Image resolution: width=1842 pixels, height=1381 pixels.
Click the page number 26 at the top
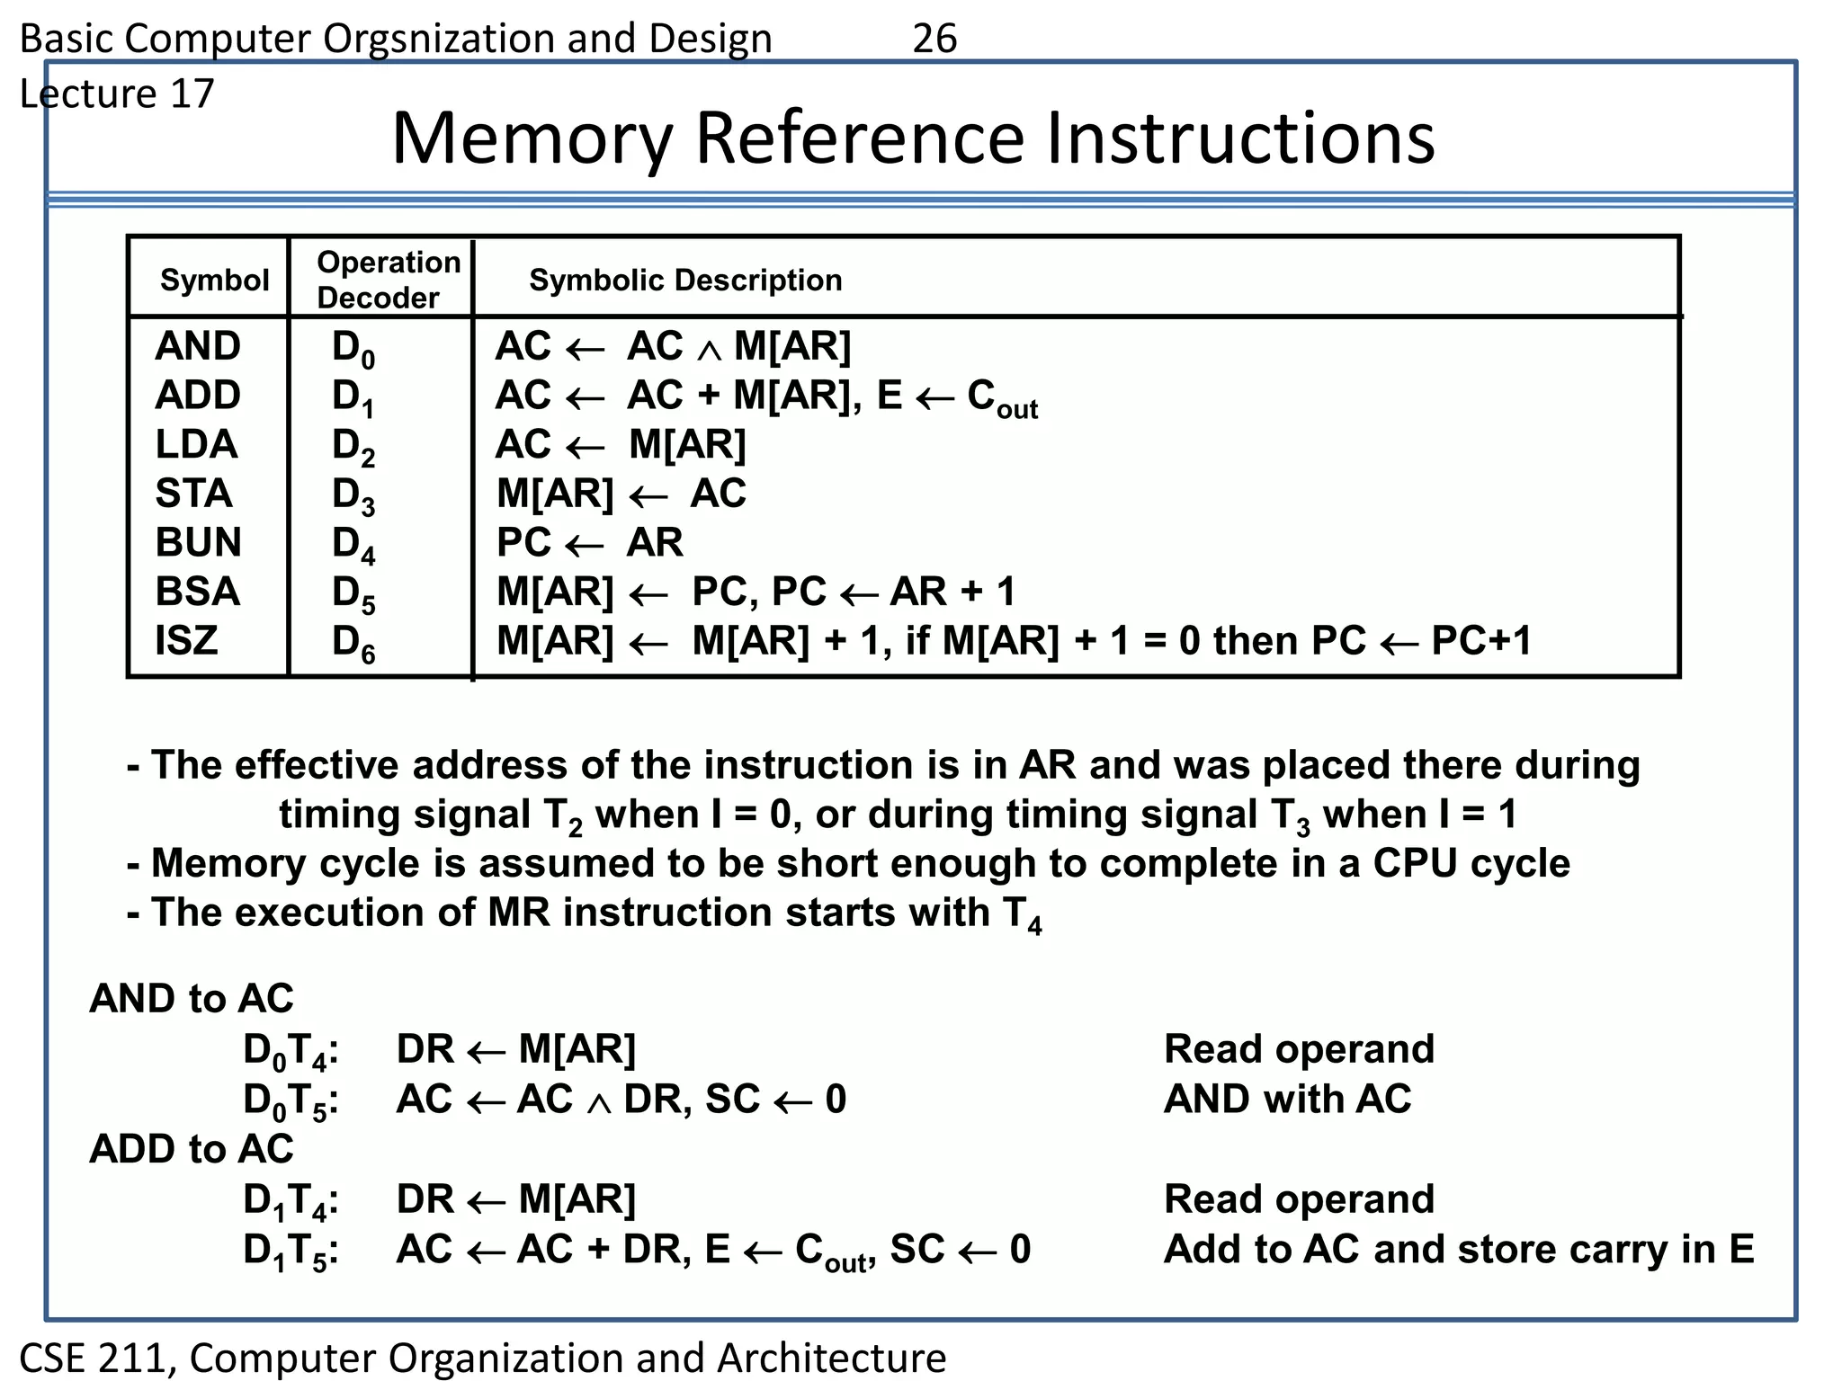tap(934, 39)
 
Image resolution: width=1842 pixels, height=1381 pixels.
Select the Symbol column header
tap(214, 280)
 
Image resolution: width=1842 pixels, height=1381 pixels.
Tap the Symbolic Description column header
tap(685, 280)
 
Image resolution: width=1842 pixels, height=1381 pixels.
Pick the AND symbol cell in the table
tap(198, 346)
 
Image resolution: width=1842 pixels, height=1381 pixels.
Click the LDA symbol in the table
tap(196, 444)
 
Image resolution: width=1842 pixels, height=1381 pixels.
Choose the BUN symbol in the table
tap(198, 542)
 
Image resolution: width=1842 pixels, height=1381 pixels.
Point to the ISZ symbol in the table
tap(186, 640)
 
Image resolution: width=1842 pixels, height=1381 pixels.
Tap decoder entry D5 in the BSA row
tap(353, 594)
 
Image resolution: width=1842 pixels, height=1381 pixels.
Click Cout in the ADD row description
tap(1002, 398)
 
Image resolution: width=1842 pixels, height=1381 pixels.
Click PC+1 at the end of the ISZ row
tap(1480, 640)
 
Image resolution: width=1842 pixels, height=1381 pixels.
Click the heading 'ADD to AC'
tap(192, 1148)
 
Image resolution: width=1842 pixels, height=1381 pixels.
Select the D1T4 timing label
tap(291, 1201)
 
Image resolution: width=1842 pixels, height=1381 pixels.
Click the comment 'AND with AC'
tap(1287, 1099)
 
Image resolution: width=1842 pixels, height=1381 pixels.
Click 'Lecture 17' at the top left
tap(117, 94)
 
